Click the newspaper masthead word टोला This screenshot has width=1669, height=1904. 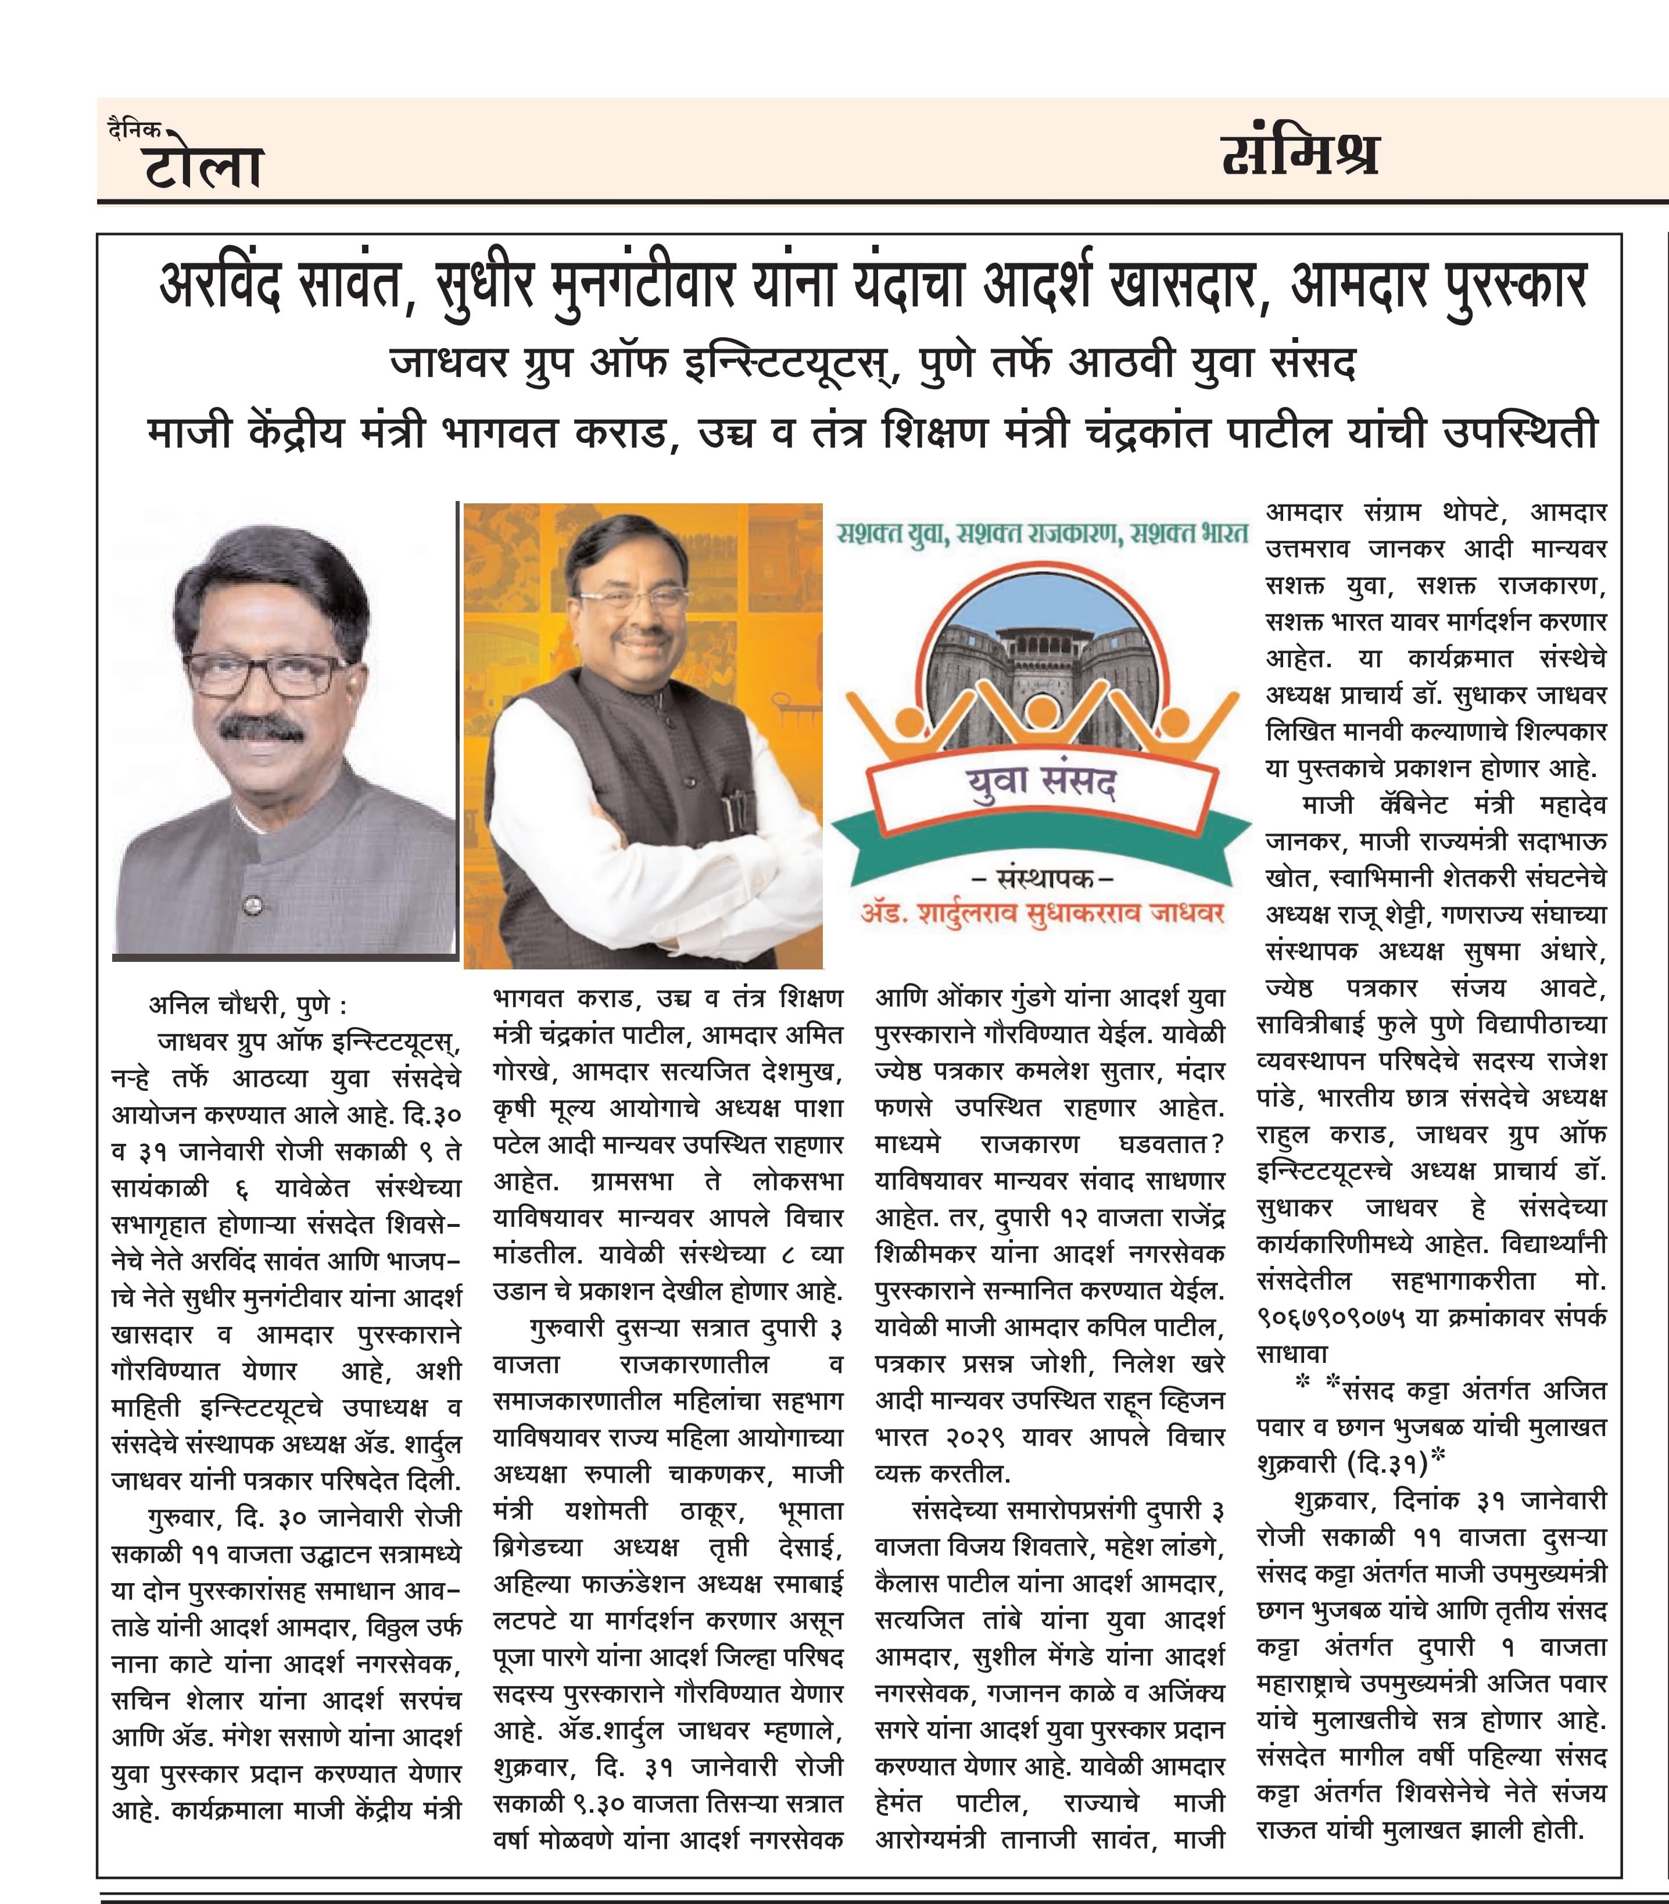coord(203,167)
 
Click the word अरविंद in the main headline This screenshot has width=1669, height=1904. coord(220,284)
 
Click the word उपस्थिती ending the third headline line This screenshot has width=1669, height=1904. coord(1520,432)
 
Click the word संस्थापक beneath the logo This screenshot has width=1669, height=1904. coord(1041,878)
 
